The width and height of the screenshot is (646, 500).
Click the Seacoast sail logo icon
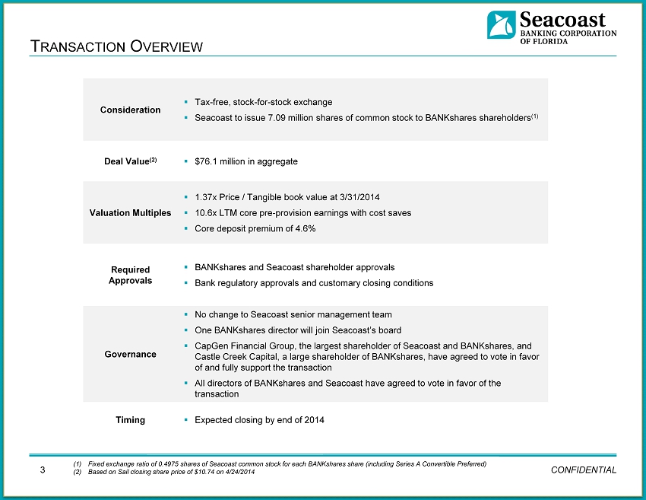coord(502,25)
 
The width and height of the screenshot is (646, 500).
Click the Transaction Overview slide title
coord(117,46)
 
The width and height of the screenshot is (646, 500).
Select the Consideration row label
coord(130,110)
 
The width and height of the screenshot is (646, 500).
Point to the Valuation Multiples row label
coord(130,212)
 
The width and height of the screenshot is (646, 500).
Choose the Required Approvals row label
coord(130,275)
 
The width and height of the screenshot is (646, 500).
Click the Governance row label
coord(130,354)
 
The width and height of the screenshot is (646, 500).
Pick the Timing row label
coord(130,419)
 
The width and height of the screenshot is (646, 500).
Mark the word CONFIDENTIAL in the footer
coord(582,470)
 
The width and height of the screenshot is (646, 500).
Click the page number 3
coord(43,469)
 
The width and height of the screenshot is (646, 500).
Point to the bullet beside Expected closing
coord(186,419)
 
